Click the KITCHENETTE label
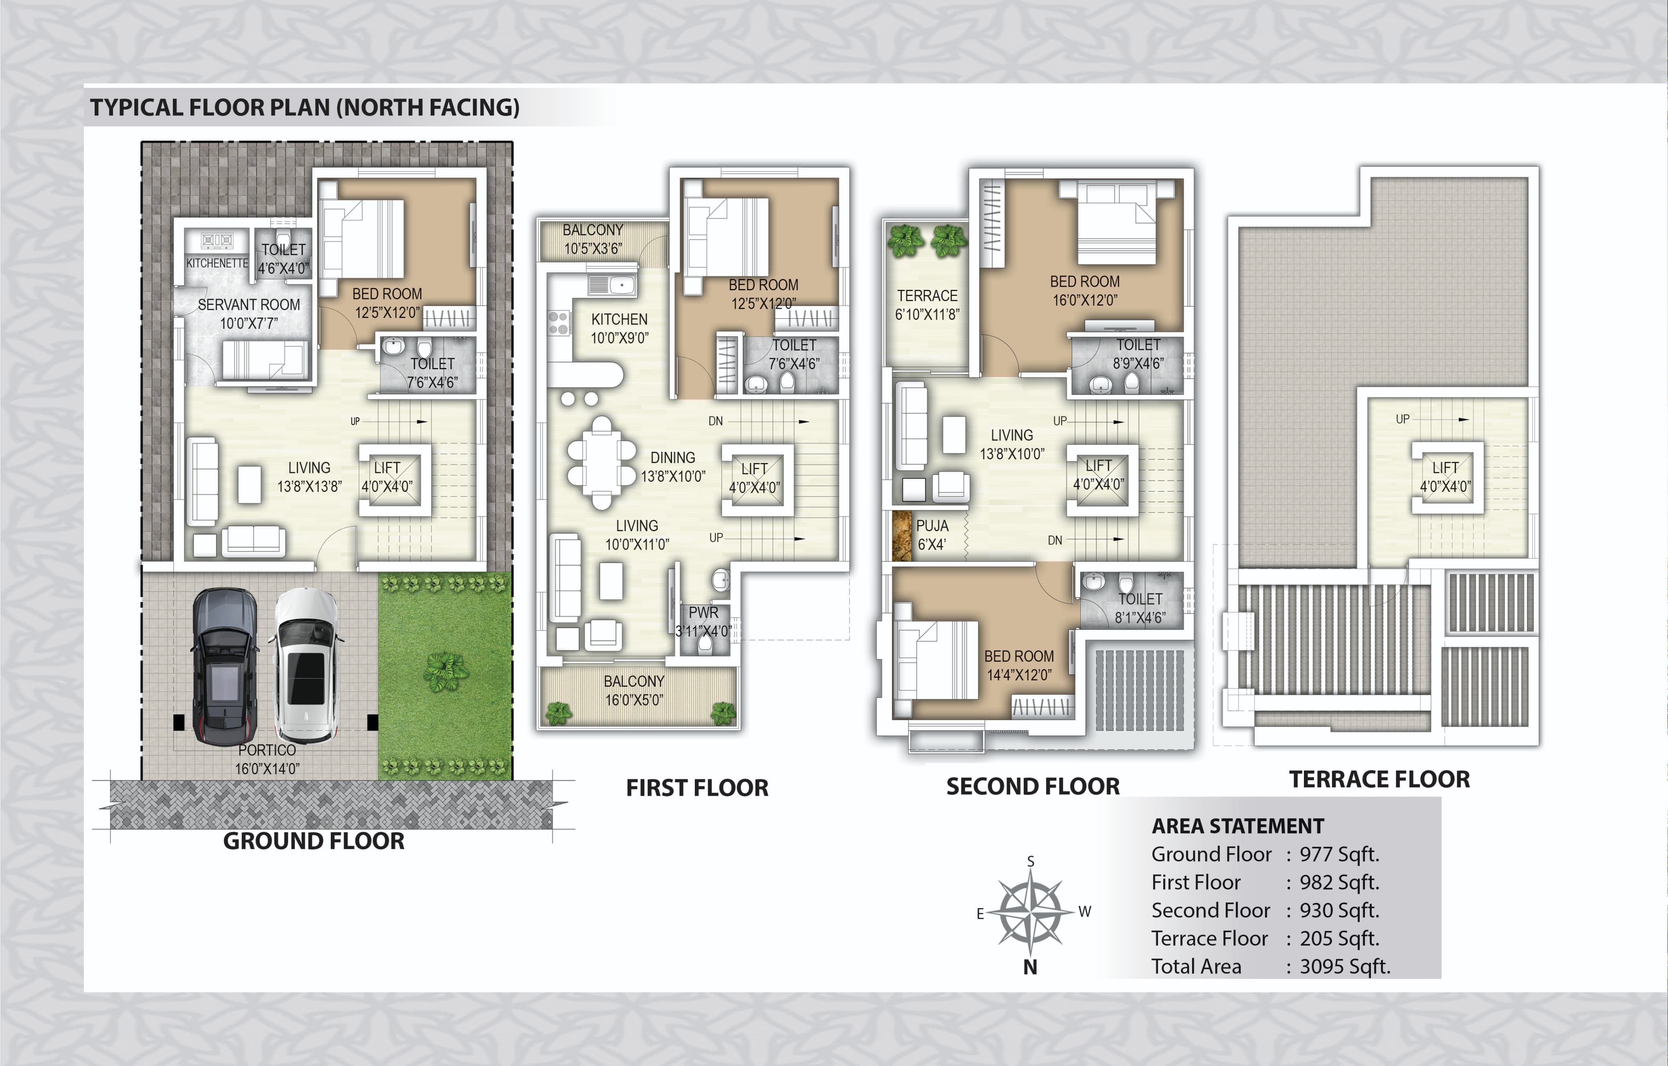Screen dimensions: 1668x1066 (217, 263)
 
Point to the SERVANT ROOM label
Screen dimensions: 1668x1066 (249, 305)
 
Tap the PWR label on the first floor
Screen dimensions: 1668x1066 (703, 612)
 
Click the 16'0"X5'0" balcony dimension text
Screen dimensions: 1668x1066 (634, 700)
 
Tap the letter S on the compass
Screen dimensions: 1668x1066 (1031, 861)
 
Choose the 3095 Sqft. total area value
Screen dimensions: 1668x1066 (1344, 966)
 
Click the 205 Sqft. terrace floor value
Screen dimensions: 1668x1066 (1339, 939)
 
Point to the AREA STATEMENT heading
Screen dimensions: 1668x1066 (1238, 826)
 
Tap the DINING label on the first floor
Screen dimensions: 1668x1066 (672, 458)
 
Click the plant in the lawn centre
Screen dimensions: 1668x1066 (445, 670)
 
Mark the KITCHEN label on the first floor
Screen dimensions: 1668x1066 (619, 319)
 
